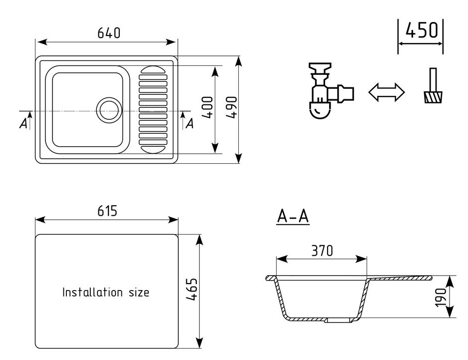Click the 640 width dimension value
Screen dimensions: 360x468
109,33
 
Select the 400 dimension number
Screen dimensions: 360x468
208,107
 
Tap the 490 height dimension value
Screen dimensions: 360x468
230,107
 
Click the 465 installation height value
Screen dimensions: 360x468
192,290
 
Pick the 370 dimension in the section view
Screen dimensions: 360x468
322,251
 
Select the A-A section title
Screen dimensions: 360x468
293,217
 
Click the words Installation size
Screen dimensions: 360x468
105,292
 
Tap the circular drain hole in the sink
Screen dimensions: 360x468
108,109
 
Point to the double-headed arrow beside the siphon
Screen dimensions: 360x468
386,92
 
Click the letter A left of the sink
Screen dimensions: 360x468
23,123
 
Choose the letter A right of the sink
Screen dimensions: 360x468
189,123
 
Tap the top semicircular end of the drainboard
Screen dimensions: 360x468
153,70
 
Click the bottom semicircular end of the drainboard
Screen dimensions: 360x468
153,148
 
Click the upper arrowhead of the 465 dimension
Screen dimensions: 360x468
200,240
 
